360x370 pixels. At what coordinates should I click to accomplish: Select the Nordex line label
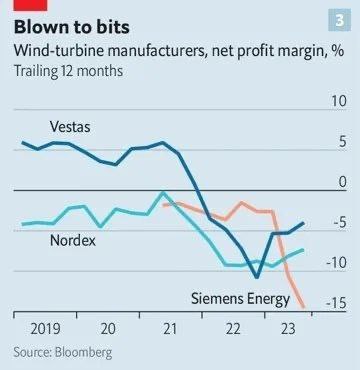coord(73,241)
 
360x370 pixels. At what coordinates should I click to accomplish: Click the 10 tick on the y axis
coord(338,101)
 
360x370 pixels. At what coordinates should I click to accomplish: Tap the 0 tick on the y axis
coord(342,182)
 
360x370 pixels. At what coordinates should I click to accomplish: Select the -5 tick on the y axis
coord(338,223)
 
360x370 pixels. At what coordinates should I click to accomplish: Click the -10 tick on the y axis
coord(336,263)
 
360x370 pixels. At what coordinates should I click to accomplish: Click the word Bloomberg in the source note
coord(84,352)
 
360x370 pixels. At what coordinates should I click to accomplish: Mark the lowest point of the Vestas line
coord(257,277)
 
